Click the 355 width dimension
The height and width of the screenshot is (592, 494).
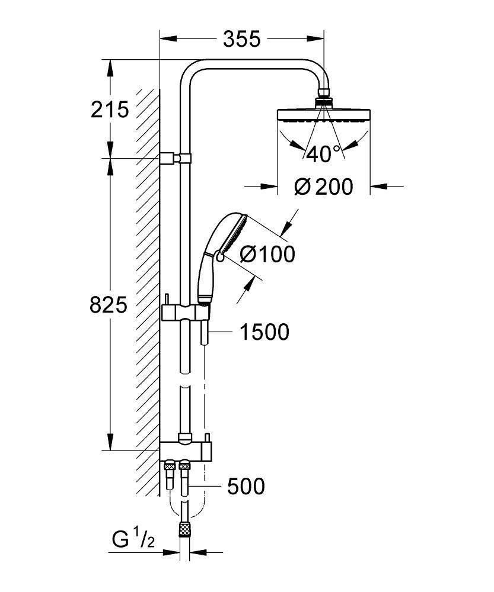point(242,39)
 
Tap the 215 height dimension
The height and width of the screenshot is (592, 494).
point(110,109)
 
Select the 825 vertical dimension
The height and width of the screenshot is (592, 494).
point(109,305)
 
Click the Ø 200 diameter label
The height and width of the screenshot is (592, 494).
point(324,187)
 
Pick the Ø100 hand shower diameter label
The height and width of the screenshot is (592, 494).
point(267,255)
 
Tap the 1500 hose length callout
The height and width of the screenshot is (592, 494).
point(264,332)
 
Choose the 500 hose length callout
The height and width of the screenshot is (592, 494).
point(246,487)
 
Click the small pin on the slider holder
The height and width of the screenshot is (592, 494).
point(167,299)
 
